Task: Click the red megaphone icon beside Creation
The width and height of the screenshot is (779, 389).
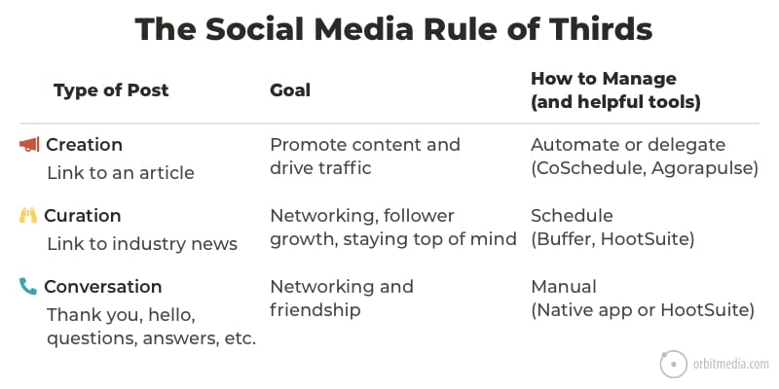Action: [x=29, y=145]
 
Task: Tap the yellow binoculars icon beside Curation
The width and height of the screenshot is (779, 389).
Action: [x=28, y=216]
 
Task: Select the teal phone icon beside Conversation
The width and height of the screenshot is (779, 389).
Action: [x=28, y=286]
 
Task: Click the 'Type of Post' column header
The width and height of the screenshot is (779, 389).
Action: [x=111, y=90]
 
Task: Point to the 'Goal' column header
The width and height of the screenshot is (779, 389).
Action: [x=290, y=90]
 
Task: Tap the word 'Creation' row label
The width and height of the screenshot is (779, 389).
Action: [x=84, y=145]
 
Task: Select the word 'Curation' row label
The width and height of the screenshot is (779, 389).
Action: [x=83, y=216]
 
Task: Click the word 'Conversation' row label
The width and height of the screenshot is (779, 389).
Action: [x=103, y=287]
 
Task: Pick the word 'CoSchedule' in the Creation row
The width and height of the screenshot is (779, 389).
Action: [x=588, y=168]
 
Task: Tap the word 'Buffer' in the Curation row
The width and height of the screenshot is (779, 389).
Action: [x=564, y=239]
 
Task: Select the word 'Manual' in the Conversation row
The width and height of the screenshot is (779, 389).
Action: [x=564, y=287]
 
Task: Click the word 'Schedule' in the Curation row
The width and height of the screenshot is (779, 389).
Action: [x=572, y=216]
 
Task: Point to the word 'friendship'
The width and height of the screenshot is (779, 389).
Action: [x=315, y=310]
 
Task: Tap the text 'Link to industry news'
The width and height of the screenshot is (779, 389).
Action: [x=142, y=244]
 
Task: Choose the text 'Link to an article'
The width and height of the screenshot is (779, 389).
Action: [x=121, y=173]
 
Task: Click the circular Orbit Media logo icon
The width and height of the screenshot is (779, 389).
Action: [x=674, y=364]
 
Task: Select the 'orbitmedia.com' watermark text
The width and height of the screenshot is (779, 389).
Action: [x=731, y=365]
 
